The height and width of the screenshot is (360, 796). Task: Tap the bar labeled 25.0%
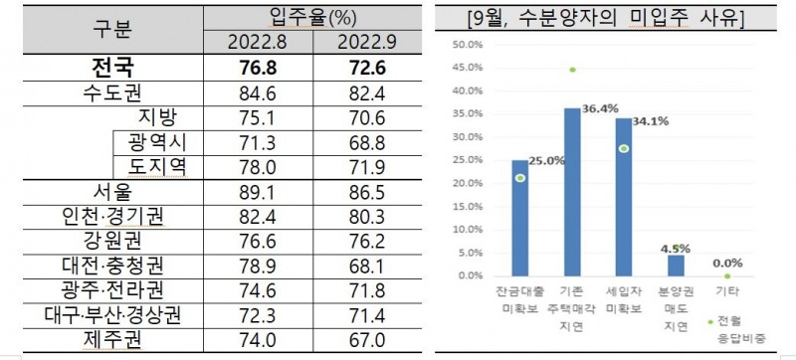[520, 218]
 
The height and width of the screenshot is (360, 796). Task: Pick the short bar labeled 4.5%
[676, 266]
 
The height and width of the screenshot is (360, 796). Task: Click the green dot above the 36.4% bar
[572, 70]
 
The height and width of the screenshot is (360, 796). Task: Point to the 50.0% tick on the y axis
[467, 45]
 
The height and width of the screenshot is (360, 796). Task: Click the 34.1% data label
[650, 122]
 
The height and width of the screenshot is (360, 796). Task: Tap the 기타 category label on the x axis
[728, 293]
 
